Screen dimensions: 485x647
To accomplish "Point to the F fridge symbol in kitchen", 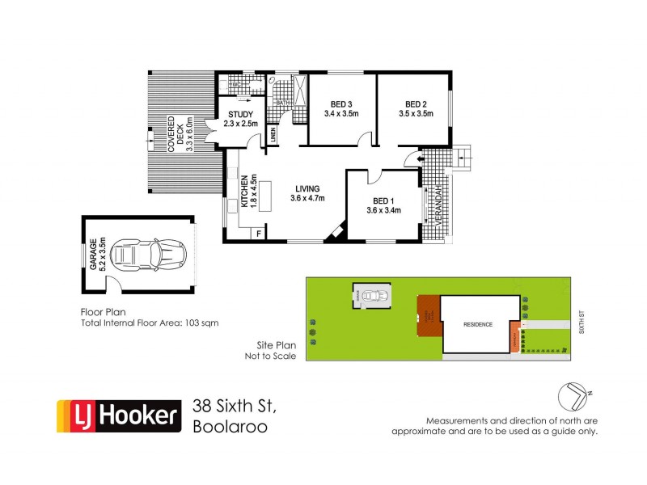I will (x=258, y=234).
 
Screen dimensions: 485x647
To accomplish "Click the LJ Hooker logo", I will (x=117, y=416).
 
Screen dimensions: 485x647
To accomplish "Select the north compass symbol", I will (x=575, y=396).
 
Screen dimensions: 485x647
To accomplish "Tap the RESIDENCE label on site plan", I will (x=477, y=324).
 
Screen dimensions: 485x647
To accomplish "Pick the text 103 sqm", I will (x=202, y=322).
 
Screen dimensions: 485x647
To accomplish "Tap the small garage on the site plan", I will (x=371, y=296).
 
